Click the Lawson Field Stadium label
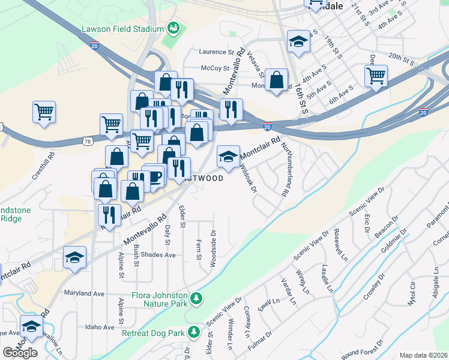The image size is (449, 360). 123,29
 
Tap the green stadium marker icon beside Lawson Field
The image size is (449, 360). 173,28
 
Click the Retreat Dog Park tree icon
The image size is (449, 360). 193,331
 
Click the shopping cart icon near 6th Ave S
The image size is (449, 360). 376,76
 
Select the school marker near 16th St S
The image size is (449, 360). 298,41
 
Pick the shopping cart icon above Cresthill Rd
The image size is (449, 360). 44,112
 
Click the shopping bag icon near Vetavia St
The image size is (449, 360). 276,80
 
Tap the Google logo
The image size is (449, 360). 20,353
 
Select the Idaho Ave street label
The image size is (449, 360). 100,327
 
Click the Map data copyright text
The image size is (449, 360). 424,355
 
